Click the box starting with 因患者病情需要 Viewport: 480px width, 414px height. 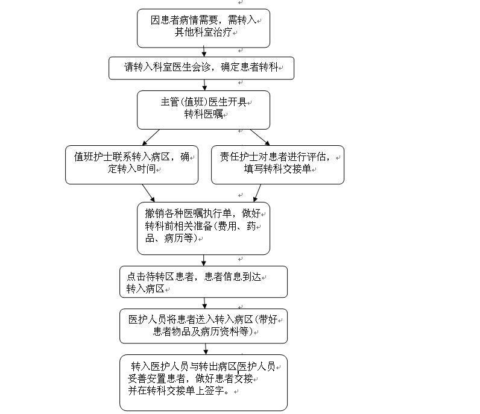[x=203, y=28]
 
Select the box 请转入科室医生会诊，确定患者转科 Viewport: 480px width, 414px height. [x=201, y=68]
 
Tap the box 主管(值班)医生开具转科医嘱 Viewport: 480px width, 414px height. [x=203, y=110]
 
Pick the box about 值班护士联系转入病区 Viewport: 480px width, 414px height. [x=131, y=165]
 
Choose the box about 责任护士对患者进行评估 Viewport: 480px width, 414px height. [x=277, y=165]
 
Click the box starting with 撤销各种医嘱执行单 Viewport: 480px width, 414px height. [x=203, y=228]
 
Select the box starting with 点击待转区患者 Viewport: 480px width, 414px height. [x=203, y=282]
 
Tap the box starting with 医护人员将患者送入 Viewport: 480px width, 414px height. [x=203, y=326]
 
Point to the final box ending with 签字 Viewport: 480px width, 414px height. [x=203, y=383]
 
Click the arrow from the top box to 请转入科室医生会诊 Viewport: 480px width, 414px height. [x=204, y=52]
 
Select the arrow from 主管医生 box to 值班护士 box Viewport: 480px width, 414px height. [x=151, y=137]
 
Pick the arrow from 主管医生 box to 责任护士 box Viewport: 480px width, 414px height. [x=260, y=137]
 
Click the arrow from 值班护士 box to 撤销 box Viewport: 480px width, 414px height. [x=148, y=193]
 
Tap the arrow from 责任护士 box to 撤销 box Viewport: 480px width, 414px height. [x=257, y=193]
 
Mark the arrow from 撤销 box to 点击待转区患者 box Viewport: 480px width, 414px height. [x=204, y=260]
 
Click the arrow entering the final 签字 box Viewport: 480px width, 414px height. [x=206, y=349]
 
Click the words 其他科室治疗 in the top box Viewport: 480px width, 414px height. [x=203, y=33]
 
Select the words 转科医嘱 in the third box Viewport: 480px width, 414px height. [x=203, y=114]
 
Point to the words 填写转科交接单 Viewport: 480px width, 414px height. [x=277, y=169]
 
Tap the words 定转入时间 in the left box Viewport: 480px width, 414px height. [x=131, y=169]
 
